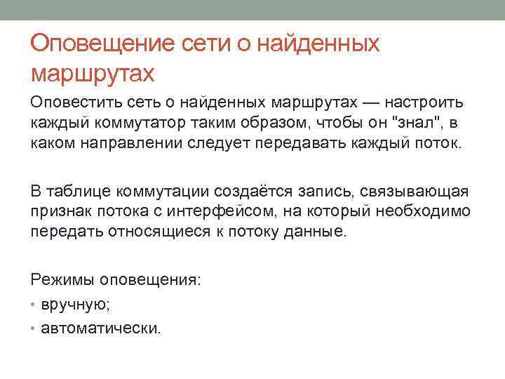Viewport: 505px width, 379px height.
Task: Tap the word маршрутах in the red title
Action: coord(92,72)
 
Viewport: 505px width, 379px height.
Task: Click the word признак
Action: coord(61,211)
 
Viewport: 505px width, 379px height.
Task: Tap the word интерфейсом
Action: coord(199,211)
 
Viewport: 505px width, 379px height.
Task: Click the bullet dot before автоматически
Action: coord(34,328)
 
